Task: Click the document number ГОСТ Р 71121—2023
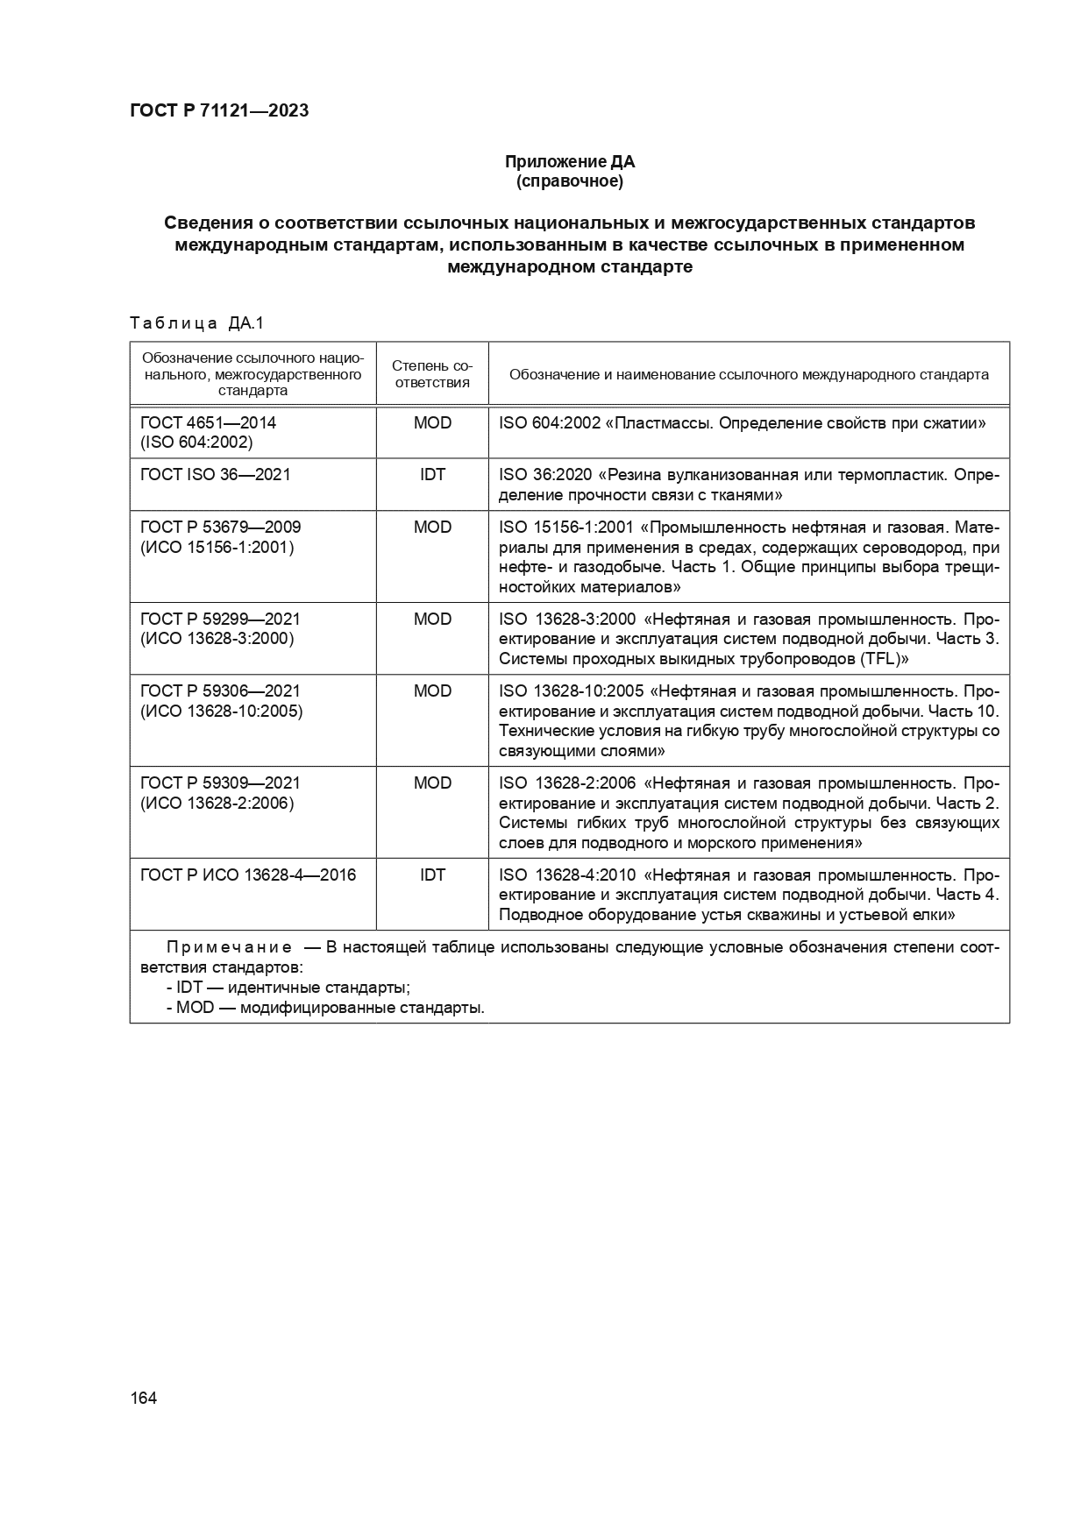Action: point(219,111)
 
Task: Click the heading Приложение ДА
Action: point(569,161)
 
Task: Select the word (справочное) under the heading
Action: point(569,181)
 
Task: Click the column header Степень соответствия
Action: point(432,374)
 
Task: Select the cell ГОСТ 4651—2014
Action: point(208,422)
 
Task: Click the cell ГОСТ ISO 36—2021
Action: point(215,474)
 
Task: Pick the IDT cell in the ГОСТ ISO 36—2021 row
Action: point(432,474)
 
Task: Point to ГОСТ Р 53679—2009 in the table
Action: point(220,527)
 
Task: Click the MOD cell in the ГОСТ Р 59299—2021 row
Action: point(432,619)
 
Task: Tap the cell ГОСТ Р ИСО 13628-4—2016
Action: point(248,875)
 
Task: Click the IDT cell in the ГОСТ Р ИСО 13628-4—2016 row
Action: point(432,875)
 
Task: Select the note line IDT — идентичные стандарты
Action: point(288,988)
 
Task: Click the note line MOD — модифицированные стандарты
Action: point(325,1008)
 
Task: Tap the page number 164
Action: point(143,1398)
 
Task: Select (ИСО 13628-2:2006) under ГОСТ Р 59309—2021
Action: point(217,803)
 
